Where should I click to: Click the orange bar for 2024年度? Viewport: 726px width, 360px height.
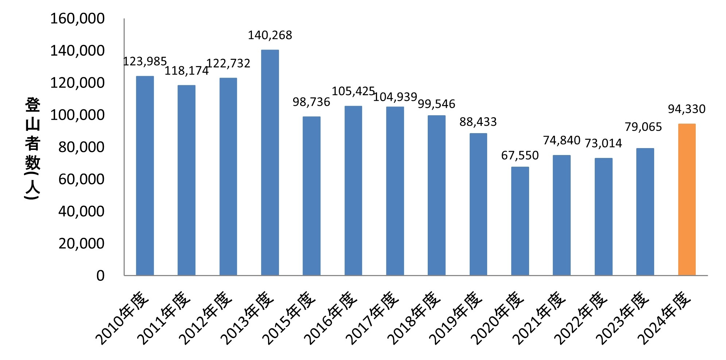(x=687, y=200)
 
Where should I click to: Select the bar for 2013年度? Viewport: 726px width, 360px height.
(x=270, y=162)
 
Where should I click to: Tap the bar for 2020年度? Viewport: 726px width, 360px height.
(x=520, y=221)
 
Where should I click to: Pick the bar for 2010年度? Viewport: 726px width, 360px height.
(x=145, y=175)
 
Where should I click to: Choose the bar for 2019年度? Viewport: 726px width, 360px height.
(x=478, y=204)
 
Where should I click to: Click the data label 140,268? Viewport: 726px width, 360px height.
(x=270, y=35)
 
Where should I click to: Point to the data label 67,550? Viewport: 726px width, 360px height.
(x=520, y=155)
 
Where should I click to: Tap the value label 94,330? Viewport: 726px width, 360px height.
(x=687, y=109)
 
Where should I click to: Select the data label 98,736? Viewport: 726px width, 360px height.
(x=311, y=102)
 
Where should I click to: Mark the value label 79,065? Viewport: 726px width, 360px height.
(x=643, y=127)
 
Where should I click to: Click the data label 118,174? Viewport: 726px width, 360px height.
(x=186, y=71)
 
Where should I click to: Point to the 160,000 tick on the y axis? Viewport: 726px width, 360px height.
(x=77, y=19)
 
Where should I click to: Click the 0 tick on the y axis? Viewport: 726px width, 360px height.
(x=100, y=276)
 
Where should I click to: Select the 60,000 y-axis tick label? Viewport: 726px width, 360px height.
(x=81, y=179)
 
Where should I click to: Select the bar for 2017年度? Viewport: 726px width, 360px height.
(x=395, y=191)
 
